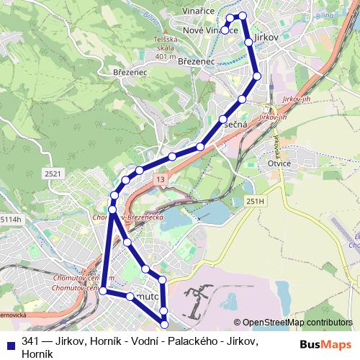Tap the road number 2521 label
point(52,174)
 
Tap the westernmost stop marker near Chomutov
point(103,290)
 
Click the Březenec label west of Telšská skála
point(130,73)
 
